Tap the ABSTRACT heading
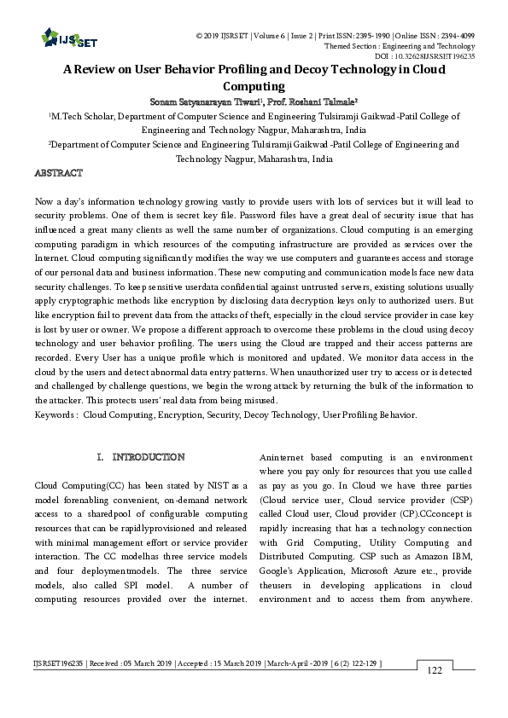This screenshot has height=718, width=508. [58, 174]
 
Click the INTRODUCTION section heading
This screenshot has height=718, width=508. [149, 458]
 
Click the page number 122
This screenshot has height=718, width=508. [435, 671]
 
